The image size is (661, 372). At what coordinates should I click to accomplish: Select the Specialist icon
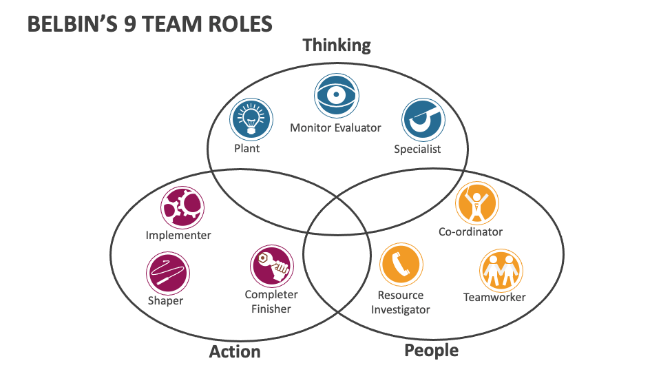click(x=423, y=120)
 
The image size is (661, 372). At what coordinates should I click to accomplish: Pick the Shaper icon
click(x=167, y=273)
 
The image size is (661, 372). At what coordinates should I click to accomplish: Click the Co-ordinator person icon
click(x=477, y=203)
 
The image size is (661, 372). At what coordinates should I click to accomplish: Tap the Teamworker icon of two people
click(x=501, y=271)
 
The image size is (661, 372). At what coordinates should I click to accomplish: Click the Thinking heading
click(x=337, y=45)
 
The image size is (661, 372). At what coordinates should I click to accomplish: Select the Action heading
click(x=235, y=352)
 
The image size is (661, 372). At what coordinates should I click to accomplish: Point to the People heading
click(x=431, y=351)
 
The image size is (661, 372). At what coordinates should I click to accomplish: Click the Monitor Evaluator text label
click(x=335, y=127)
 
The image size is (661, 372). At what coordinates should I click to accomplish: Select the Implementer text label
click(x=178, y=235)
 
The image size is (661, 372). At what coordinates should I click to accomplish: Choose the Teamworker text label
click(x=494, y=298)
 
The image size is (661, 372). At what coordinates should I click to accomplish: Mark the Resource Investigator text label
click(x=401, y=302)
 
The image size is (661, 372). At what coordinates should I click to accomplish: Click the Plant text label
click(x=247, y=148)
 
